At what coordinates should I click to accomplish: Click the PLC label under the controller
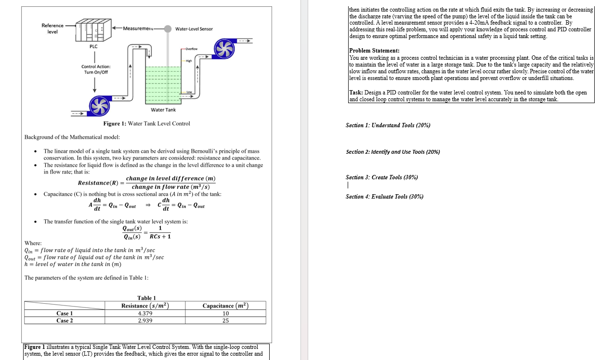[x=93, y=46]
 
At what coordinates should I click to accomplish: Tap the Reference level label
[x=52, y=28]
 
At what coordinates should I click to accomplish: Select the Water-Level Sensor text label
[x=194, y=29]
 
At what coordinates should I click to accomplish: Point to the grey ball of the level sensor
[x=168, y=28]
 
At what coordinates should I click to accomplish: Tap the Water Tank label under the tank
[x=163, y=110]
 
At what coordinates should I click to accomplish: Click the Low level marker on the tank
[x=189, y=92]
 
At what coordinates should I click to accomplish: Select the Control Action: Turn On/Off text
[x=96, y=69]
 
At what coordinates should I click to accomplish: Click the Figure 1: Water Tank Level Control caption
[x=146, y=124]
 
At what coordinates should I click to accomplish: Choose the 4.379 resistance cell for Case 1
[x=145, y=313]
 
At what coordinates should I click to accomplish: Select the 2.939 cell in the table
[x=145, y=320]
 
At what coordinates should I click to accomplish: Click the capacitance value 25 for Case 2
[x=225, y=320]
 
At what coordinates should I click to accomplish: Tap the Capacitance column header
[x=225, y=306]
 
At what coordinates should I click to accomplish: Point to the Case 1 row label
[x=65, y=313]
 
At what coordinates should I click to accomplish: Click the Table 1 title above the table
[x=146, y=298]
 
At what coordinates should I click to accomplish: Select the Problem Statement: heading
[x=374, y=51]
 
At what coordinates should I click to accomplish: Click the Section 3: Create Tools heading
[x=381, y=177]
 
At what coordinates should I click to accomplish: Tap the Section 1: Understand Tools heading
[x=388, y=125]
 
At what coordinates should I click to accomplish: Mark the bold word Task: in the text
[x=356, y=93]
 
